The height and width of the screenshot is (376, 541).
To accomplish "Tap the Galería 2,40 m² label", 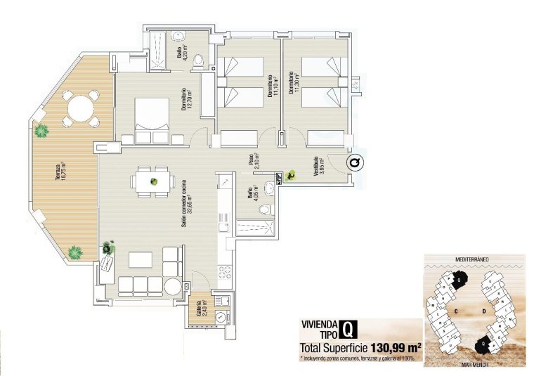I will [x=202, y=309].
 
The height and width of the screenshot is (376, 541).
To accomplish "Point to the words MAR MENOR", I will [x=472, y=365].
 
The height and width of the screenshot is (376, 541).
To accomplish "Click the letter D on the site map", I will [x=485, y=310].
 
